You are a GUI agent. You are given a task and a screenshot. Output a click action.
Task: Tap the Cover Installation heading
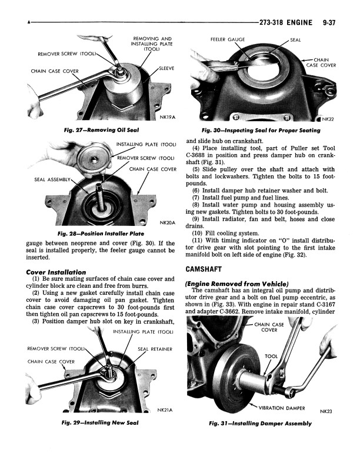click(x=56, y=272)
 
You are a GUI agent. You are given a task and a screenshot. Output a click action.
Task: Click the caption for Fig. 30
click(x=261, y=130)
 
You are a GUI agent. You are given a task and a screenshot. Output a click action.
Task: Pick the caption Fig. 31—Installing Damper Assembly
click(x=260, y=423)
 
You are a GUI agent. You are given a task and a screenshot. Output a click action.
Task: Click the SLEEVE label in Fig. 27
click(x=166, y=69)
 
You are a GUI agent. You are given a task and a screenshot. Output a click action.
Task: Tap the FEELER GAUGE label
click(x=228, y=40)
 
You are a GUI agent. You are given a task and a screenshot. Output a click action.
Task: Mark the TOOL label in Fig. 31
click(x=271, y=356)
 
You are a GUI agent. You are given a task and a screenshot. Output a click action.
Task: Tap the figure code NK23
click(x=326, y=411)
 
